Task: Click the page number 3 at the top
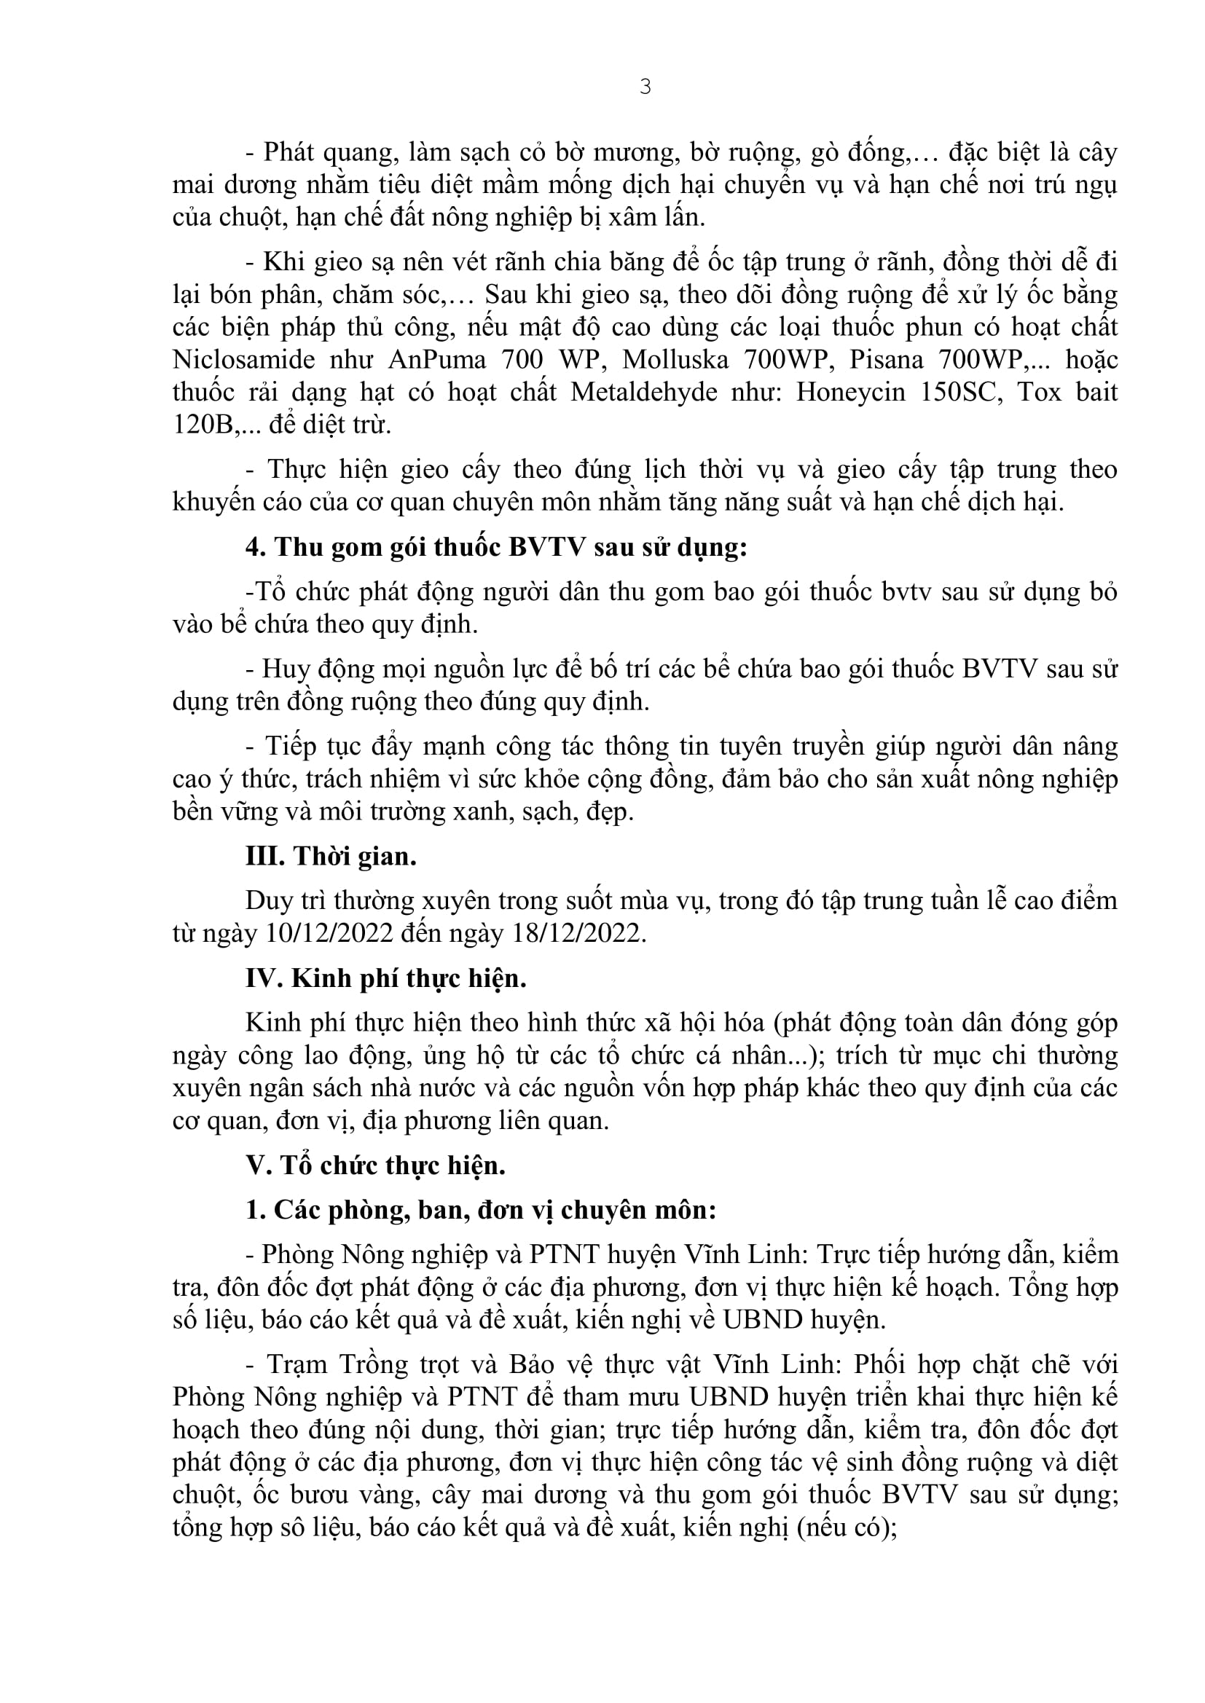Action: [645, 87]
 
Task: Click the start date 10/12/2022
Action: [328, 933]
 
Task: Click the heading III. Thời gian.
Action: [331, 857]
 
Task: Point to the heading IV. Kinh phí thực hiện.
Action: [386, 979]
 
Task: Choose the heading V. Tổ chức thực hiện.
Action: [375, 1166]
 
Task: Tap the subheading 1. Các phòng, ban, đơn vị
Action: [481, 1211]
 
